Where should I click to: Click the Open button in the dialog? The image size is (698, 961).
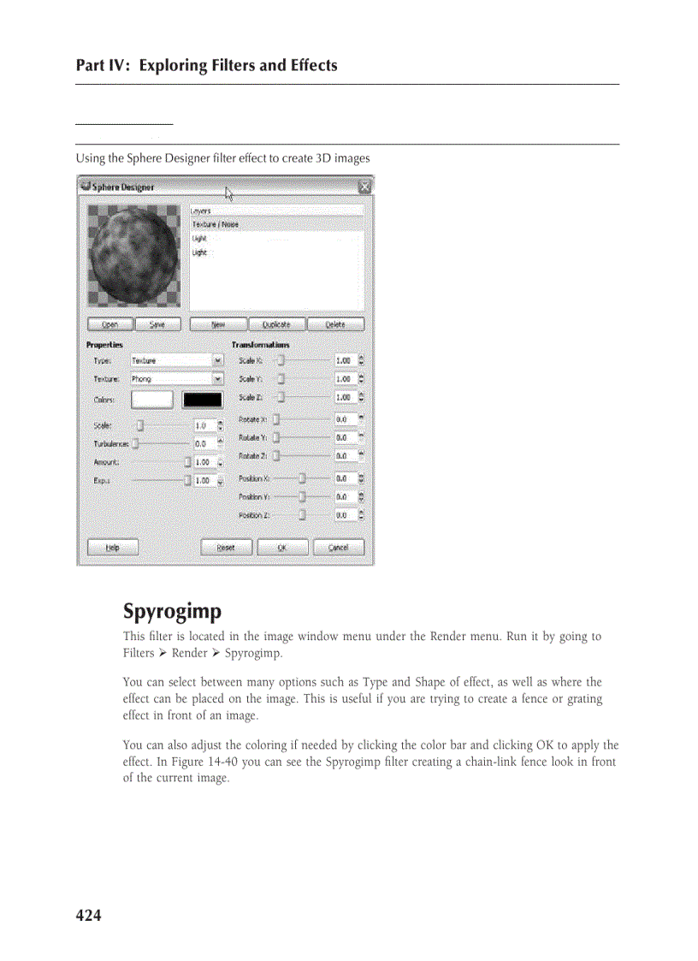109,324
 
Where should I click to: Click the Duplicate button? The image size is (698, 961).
275,324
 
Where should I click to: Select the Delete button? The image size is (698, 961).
334,324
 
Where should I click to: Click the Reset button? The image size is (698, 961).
226,548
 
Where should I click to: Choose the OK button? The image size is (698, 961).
281,548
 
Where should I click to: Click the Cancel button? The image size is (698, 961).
338,548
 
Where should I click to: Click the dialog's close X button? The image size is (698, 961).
364,186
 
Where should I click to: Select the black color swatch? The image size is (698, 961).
202,400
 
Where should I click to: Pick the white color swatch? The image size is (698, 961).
151,400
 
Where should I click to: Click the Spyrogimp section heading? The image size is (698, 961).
172,612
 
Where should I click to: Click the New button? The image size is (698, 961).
217,324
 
